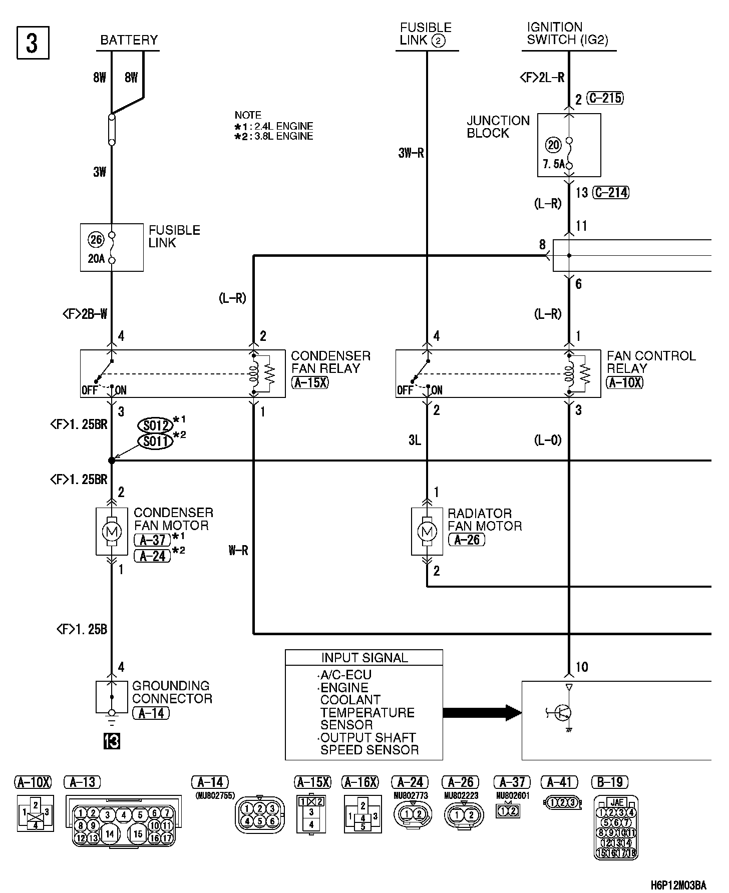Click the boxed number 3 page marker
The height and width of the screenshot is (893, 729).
(33, 43)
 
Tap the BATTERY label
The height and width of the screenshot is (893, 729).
(129, 40)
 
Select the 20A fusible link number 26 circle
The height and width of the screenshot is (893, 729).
(96, 240)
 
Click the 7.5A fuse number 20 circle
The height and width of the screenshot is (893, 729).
(553, 145)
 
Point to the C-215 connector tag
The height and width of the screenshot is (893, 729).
(605, 98)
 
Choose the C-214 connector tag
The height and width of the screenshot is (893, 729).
(611, 192)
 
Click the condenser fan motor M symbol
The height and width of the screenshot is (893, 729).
(112, 532)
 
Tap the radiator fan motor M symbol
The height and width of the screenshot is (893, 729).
(427, 532)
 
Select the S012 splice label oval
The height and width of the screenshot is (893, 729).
(155, 425)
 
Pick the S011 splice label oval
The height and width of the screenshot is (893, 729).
(155, 441)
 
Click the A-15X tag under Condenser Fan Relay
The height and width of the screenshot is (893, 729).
(310, 383)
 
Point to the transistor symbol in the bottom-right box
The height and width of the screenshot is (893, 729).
(564, 712)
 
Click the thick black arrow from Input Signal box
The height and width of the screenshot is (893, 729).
(482, 712)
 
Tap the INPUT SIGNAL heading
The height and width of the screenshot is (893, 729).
(364, 658)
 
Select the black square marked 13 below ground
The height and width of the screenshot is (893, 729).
(112, 741)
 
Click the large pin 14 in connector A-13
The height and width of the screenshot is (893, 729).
(110, 833)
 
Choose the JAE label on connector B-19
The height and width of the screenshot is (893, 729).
(616, 803)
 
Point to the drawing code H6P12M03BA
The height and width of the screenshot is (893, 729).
(678, 884)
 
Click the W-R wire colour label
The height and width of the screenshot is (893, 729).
(238, 551)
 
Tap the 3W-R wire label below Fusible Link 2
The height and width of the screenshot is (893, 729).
(411, 153)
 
